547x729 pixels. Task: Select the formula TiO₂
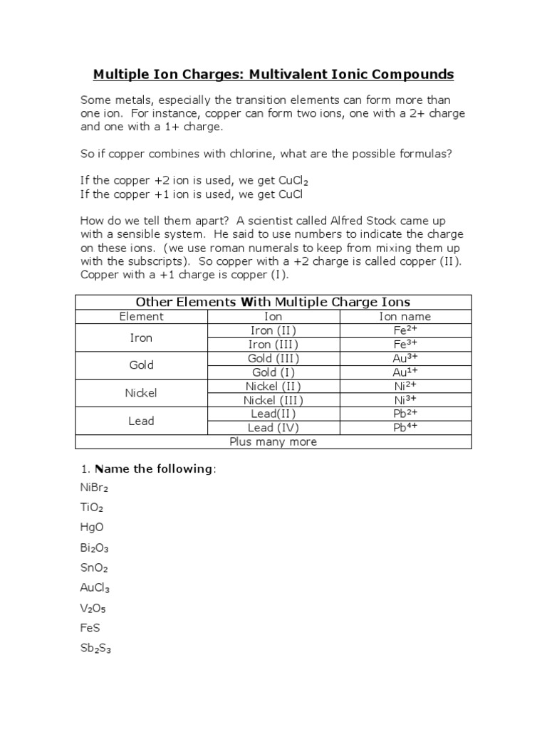click(92, 508)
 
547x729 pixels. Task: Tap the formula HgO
click(92, 528)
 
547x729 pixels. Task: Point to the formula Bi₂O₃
click(94, 548)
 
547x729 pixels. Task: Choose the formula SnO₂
click(94, 568)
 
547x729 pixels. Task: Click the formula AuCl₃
click(95, 588)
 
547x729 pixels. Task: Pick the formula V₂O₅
click(93, 608)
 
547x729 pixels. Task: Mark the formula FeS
click(90, 628)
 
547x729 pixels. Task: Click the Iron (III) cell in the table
click(273, 345)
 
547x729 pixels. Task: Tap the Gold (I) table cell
click(273, 372)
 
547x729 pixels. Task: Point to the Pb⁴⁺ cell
click(405, 428)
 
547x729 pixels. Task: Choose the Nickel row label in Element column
click(141, 393)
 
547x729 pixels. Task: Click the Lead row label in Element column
click(141, 421)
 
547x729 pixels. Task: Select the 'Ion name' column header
click(405, 317)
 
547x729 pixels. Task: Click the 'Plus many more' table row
click(273, 441)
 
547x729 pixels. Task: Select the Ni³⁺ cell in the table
click(405, 400)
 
